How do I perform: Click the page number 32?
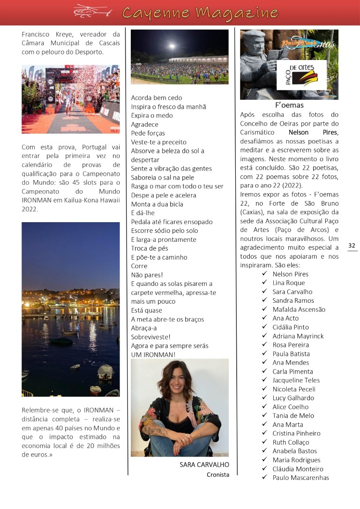coord(352,246)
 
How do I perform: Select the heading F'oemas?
coord(289,105)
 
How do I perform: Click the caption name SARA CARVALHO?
coord(204,464)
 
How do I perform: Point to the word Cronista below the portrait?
coord(218,475)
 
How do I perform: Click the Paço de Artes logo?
coord(301,74)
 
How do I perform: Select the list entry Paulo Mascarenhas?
coord(300,478)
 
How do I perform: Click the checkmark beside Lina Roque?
coord(265,283)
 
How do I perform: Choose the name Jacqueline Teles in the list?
coord(296,380)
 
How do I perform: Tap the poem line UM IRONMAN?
coord(153,354)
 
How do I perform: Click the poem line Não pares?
coord(147,275)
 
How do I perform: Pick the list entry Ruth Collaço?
coord(291,442)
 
